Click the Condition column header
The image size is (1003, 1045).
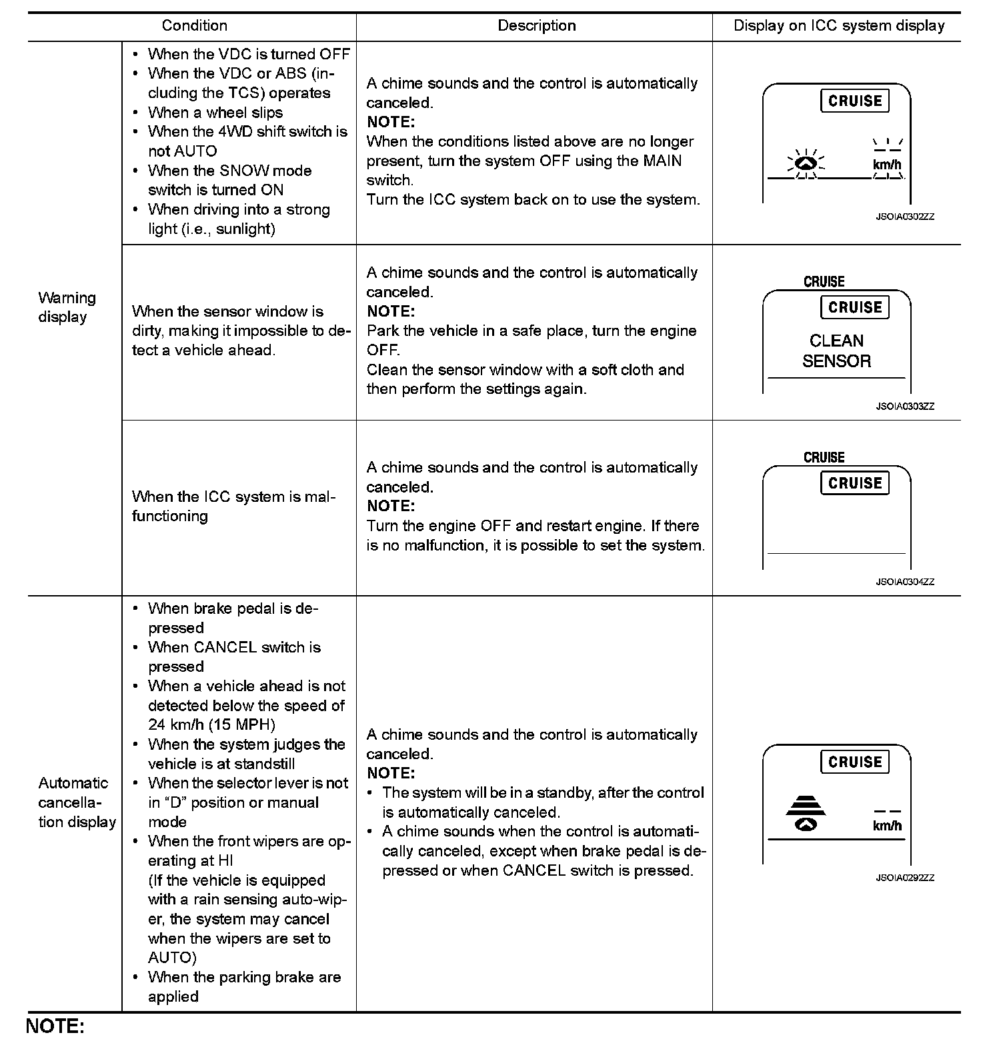[194, 26]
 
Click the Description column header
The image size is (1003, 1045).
[536, 26]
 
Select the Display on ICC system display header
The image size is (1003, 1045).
[838, 26]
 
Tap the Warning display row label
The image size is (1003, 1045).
[67, 307]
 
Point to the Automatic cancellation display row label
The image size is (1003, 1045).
[77, 802]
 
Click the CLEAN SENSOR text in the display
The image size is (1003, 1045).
[836, 351]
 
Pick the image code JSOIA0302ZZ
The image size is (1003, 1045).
[905, 217]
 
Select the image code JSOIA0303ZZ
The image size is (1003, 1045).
[905, 407]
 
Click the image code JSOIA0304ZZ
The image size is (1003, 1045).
[905, 582]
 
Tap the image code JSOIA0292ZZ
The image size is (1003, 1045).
[905, 878]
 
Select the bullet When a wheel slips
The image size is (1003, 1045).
[215, 113]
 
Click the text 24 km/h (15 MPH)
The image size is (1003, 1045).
[211, 724]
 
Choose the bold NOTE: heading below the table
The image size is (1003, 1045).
[55, 1026]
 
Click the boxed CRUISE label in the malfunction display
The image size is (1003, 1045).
[854, 483]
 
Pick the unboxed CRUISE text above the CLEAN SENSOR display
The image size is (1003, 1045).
[824, 282]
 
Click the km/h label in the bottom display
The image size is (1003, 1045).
[887, 826]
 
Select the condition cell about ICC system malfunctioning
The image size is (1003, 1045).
[233, 507]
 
